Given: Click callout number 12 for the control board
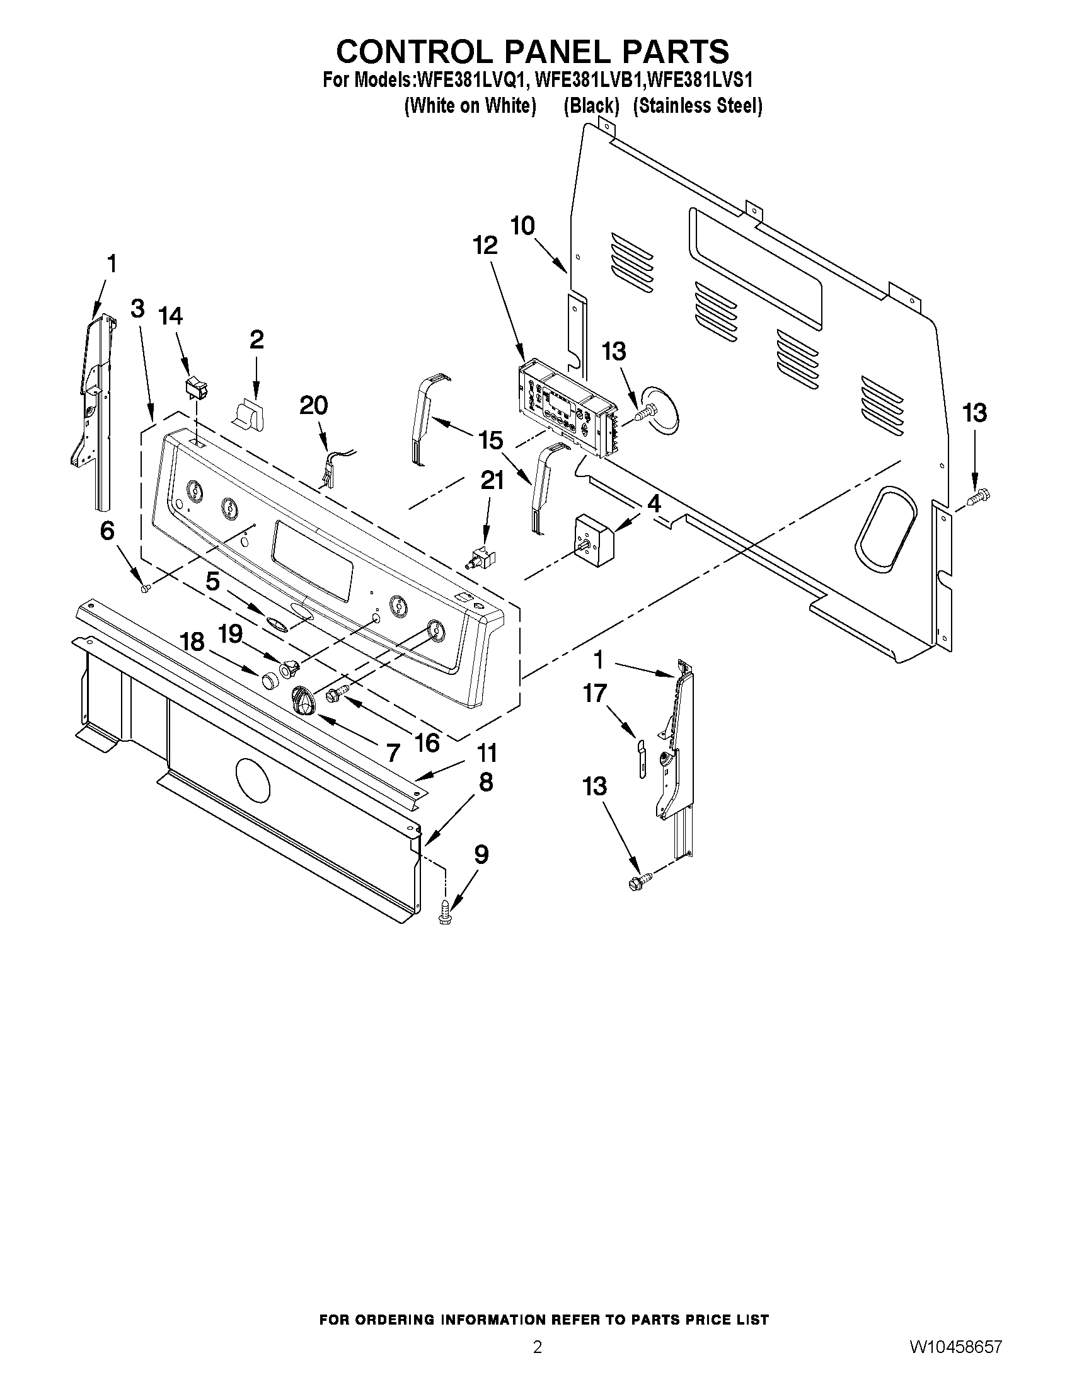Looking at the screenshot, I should coord(485,246).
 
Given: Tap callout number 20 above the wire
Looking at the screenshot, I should coord(313,405).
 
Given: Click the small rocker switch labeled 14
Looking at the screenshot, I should coord(195,387).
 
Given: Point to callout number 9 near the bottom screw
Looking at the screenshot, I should coord(481,855).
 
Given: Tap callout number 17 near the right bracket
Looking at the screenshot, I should coord(595,693).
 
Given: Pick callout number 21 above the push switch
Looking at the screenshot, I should coord(492,481).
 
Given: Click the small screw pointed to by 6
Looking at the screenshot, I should coord(145,589).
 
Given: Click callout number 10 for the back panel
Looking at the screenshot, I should coord(523,226).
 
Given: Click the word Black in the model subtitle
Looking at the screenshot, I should coord(591,106).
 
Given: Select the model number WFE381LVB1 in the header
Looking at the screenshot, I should coord(590,80).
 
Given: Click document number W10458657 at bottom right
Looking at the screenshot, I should coord(955,1362).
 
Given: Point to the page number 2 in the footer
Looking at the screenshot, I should coord(538,1362).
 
